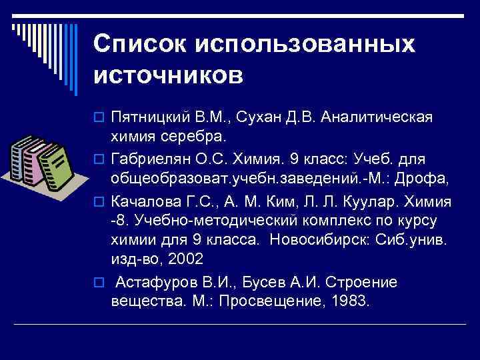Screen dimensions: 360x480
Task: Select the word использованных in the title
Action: (305, 44)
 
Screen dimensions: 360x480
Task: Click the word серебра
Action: (198, 136)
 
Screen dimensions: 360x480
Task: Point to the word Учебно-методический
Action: (197, 221)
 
